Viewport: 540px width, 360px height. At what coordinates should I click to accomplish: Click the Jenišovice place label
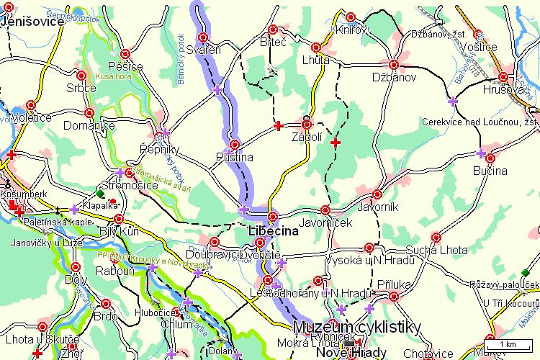coord(33,22)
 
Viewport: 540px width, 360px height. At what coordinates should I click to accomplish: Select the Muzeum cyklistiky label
coord(359,326)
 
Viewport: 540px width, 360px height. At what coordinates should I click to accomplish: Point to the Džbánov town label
coord(395,77)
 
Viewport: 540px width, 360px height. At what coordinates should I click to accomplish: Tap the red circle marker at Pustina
coord(234,144)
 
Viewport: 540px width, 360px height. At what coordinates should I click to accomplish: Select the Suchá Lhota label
coord(437,250)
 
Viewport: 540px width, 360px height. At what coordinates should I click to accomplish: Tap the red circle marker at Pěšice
coord(125,53)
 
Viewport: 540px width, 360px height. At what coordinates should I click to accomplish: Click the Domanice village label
coord(89,126)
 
